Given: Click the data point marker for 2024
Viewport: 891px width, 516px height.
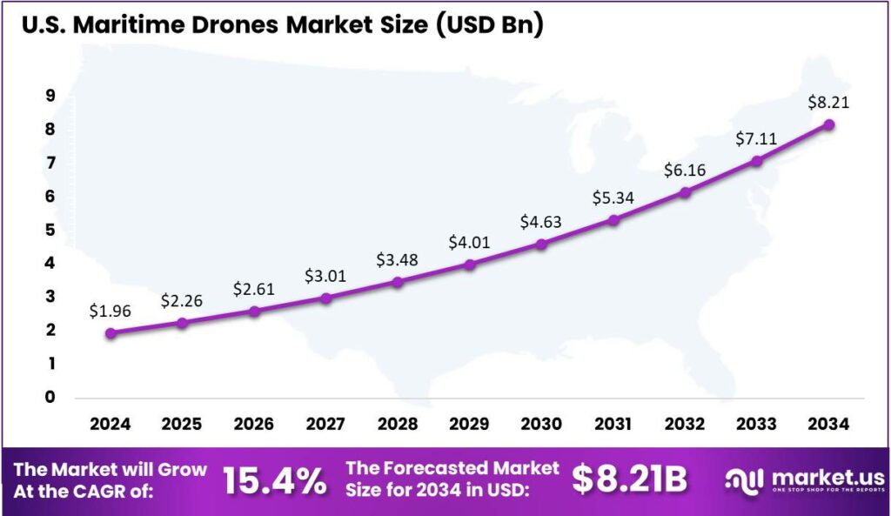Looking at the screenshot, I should click(111, 333).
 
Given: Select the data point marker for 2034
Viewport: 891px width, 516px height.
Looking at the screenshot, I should click(829, 124).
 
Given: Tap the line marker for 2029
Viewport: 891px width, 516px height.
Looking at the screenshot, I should click(470, 265).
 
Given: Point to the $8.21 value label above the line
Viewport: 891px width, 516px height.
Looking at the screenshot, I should click(828, 102).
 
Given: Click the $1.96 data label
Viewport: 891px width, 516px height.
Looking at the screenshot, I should click(110, 310).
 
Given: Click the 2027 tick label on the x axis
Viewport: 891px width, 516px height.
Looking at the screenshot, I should click(325, 425).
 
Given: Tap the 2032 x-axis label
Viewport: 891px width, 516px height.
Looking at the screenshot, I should click(685, 425).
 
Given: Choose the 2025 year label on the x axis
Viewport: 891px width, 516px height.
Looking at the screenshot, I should click(182, 425).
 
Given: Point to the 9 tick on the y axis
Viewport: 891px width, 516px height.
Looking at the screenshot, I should click(50, 97).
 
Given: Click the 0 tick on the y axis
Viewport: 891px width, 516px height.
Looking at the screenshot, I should click(50, 397).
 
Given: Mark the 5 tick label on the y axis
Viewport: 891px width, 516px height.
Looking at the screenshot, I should click(50, 230).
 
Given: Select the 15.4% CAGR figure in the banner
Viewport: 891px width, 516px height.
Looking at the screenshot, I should click(275, 479).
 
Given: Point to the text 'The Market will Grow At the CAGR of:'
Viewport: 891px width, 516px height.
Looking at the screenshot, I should click(111, 479).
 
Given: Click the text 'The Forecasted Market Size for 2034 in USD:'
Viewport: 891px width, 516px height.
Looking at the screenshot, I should click(452, 479).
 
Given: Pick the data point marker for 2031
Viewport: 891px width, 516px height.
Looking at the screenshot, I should click(613, 220).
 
